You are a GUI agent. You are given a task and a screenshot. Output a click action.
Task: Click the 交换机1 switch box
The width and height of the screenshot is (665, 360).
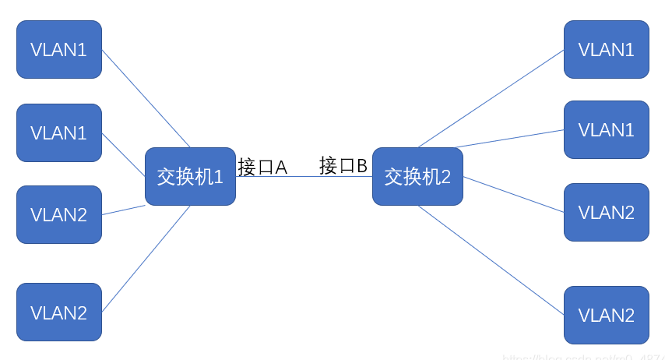[x=190, y=177]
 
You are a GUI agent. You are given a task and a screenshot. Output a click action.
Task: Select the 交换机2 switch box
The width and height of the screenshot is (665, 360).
[x=417, y=177]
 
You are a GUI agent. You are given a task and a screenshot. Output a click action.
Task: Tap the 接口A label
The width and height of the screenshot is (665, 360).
[x=262, y=167]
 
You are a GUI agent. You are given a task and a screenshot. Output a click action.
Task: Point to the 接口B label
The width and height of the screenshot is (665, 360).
[x=343, y=165]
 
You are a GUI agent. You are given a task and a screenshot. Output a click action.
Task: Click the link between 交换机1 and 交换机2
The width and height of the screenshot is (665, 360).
[x=304, y=176]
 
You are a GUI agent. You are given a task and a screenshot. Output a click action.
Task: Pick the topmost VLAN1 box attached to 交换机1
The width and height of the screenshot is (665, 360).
[x=59, y=50]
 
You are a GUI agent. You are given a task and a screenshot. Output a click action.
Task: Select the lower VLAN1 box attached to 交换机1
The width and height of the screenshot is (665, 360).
[x=59, y=132]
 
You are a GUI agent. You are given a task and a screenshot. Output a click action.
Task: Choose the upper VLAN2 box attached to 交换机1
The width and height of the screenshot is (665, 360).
[x=59, y=214]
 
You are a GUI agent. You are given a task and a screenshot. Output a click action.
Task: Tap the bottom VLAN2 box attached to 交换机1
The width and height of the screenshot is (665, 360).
[x=59, y=312]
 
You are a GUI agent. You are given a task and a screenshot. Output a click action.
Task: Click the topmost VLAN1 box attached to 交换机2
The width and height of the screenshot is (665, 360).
[x=607, y=50]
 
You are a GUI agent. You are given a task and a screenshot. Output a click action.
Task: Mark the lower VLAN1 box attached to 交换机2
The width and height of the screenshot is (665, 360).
[x=607, y=129]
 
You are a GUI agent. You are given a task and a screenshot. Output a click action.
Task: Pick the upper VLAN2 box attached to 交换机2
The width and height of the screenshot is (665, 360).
[x=607, y=212]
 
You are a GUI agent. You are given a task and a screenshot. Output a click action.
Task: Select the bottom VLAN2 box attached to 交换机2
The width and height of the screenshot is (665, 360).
[x=607, y=315]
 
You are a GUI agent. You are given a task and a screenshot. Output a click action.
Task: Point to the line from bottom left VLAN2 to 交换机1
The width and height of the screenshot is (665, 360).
[x=146, y=259]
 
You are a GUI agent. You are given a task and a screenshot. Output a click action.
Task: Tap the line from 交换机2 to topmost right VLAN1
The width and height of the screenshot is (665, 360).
[x=491, y=98]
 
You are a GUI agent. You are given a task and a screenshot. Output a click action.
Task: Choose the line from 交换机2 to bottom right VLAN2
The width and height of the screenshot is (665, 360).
[x=491, y=259]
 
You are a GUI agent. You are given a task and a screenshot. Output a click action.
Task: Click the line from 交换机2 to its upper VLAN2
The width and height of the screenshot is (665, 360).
[x=514, y=194]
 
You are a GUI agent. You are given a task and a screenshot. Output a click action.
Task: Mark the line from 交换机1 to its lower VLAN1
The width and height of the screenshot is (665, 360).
[x=123, y=154]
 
